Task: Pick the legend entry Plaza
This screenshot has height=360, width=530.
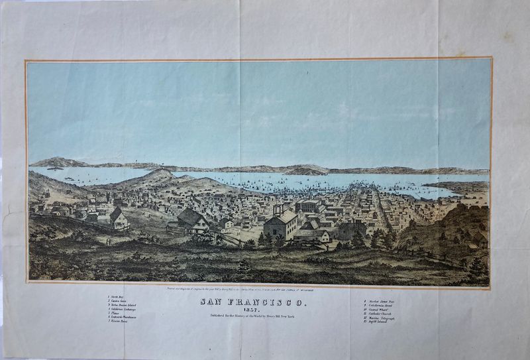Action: click(119, 315)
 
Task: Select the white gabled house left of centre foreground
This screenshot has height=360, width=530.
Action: click(119, 219)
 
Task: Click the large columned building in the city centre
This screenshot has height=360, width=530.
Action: click(308, 208)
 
